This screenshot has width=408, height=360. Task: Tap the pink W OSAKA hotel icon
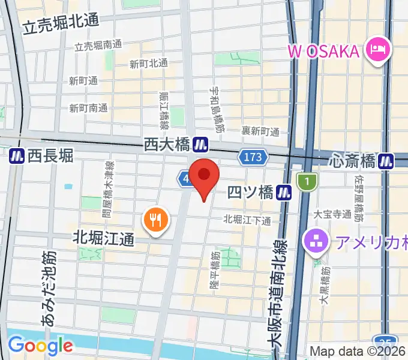tap(379, 48)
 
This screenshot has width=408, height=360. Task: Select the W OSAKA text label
tap(324, 50)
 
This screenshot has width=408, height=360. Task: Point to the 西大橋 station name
tap(167, 145)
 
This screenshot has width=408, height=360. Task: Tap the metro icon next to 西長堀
tap(17, 156)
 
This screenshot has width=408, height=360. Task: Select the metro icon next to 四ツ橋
tap(284, 193)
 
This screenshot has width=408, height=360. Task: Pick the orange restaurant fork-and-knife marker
tap(155, 220)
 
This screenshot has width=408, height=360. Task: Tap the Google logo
tap(40, 346)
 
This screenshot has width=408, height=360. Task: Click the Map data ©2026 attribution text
tap(358, 352)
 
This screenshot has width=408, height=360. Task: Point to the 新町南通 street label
tap(88, 108)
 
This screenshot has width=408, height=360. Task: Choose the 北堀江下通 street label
tap(247, 220)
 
